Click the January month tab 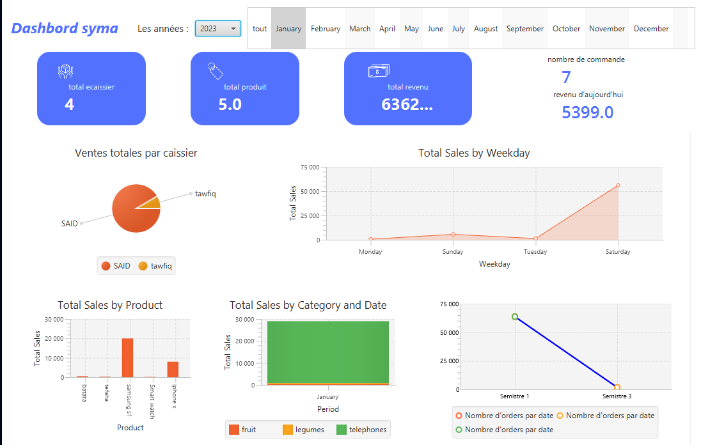click(x=288, y=29)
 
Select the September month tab click(x=524, y=29)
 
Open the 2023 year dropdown click(x=217, y=28)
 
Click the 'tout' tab click(x=260, y=29)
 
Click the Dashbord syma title click(x=65, y=28)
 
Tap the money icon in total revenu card click(x=379, y=71)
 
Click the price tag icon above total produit click(x=216, y=71)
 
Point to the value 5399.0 click(x=587, y=113)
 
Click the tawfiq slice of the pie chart click(x=152, y=203)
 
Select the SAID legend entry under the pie click(x=116, y=266)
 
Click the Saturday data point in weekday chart click(x=618, y=185)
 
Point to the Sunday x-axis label click(x=453, y=252)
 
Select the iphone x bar click(x=173, y=370)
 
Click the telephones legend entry click(x=361, y=430)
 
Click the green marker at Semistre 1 click(x=515, y=316)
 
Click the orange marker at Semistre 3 click(x=617, y=387)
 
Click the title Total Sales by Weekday click(x=474, y=153)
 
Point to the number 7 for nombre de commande click(x=566, y=77)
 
